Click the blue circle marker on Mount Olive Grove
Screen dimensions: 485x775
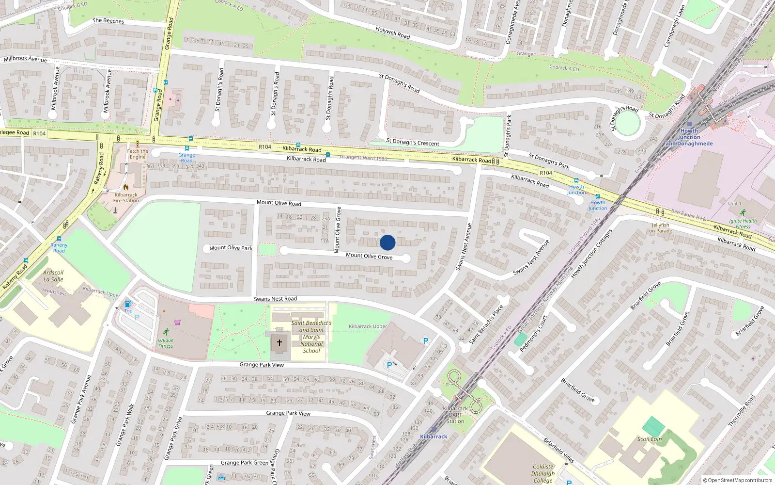(387, 242)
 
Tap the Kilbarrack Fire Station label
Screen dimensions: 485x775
(126, 197)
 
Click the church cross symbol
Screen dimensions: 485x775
(279, 343)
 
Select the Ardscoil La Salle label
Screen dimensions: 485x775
(53, 276)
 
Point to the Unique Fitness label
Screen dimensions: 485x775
(166, 343)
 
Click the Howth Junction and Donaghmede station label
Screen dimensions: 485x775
(689, 137)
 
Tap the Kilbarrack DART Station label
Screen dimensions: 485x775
(455, 415)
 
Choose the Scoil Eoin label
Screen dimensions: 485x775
(650, 439)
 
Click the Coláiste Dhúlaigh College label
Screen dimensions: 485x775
(543, 473)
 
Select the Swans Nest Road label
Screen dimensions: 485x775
(275, 299)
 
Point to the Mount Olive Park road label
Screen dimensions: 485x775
(231, 248)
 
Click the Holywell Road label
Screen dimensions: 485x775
(393, 32)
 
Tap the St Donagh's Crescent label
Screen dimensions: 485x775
(413, 143)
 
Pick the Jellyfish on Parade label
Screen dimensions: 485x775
(661, 228)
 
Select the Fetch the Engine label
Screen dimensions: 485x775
(138, 154)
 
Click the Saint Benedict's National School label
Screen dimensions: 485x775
(311, 337)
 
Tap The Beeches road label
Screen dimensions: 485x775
(108, 21)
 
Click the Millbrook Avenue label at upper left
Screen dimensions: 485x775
(25, 59)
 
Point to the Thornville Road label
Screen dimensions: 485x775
(742, 411)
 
